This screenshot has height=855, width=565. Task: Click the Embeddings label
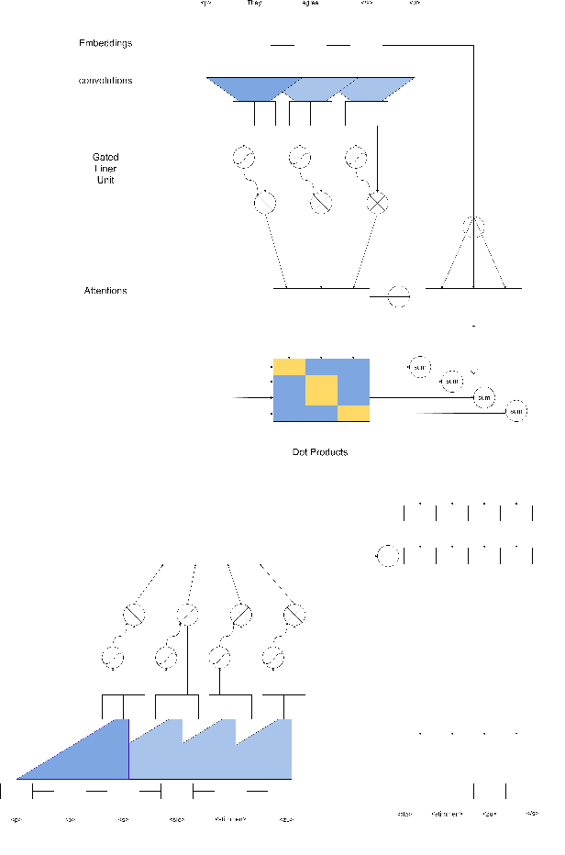105,44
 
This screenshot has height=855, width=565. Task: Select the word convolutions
105,81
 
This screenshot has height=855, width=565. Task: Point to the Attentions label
105,291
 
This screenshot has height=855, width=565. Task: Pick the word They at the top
255,4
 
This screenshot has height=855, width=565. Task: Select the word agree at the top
310,4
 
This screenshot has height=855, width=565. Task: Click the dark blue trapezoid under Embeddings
243,88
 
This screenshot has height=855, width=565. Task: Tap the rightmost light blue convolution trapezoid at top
378,89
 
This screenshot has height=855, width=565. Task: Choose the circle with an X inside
377,203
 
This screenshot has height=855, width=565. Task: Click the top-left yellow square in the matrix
289,367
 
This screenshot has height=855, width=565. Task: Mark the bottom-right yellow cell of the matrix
353,413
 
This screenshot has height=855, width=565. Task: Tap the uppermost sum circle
418,367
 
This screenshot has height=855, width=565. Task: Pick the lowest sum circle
516,411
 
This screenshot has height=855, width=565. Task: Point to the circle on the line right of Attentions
399,296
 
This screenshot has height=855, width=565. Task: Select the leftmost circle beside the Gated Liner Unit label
243,158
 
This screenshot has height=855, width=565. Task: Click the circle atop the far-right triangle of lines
473,225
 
